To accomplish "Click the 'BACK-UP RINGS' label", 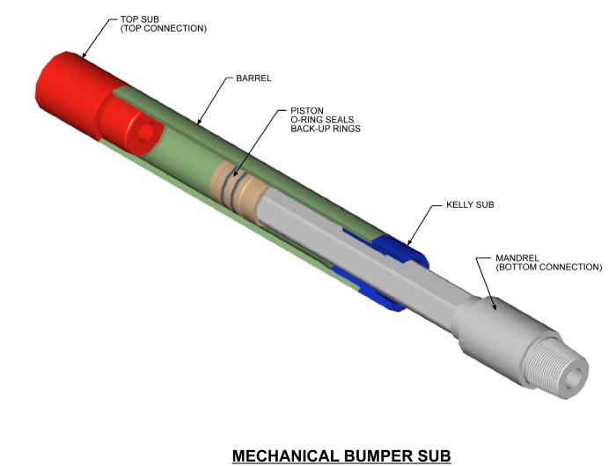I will (326, 130).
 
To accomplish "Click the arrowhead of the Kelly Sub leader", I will (408, 241).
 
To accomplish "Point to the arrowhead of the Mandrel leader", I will (495, 309).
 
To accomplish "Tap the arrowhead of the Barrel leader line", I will (199, 122).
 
